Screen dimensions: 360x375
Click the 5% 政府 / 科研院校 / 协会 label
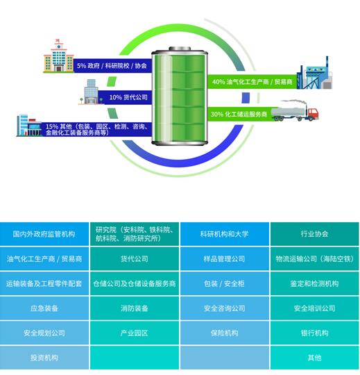tap(112, 66)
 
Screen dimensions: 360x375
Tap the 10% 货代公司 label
tap(128, 97)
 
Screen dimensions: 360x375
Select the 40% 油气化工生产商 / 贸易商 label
tap(252, 82)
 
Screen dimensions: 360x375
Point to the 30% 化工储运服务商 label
tap(239, 114)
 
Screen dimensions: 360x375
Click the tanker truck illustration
tap(295, 111)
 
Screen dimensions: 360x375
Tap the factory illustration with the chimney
tap(314, 74)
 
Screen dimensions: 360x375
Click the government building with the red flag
tap(58, 56)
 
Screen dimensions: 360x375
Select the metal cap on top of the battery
tap(180, 49)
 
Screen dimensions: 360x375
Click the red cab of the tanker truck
tap(313, 114)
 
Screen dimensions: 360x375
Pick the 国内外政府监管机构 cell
tap(44, 234)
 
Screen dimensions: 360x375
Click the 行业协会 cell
tap(315, 234)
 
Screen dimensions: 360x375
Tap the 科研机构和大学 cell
tap(225, 234)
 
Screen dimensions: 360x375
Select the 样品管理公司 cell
tap(225, 259)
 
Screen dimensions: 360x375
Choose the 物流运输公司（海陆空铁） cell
tap(315, 259)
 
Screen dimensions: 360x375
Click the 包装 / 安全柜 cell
tap(225, 283)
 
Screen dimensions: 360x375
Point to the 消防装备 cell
tap(135, 308)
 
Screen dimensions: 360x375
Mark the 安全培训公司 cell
tap(315, 308)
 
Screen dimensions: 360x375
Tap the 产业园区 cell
tap(135, 333)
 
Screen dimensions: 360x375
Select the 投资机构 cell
tap(44, 358)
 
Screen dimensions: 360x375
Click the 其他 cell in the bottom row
tap(315, 358)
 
